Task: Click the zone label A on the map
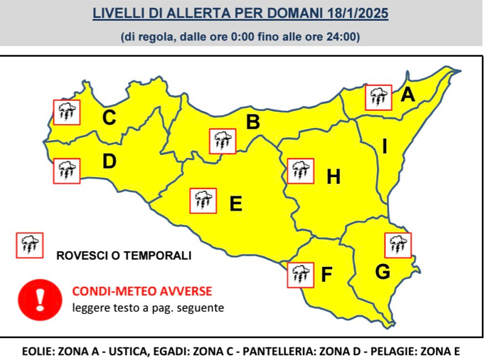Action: click(x=407, y=95)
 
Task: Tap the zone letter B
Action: click(x=252, y=122)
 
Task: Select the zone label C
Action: click(x=109, y=117)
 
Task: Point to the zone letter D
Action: click(x=109, y=162)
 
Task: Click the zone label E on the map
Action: click(x=236, y=204)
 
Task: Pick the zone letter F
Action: click(x=326, y=274)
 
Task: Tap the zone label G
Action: click(x=382, y=271)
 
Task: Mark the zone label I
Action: click(x=384, y=147)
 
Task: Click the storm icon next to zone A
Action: click(x=378, y=97)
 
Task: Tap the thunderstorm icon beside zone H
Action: click(x=299, y=171)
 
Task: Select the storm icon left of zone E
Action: click(x=203, y=201)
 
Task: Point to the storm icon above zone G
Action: click(x=397, y=245)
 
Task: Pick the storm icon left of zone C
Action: click(x=68, y=111)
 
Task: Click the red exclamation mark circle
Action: click(x=40, y=298)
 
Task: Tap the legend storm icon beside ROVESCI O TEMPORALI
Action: click(x=30, y=245)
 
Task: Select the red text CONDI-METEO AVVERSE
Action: click(x=142, y=291)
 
